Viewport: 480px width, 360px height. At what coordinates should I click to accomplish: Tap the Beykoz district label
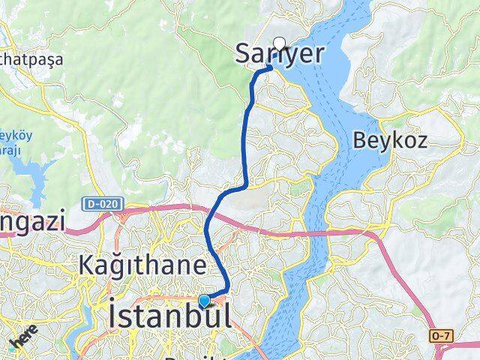[x=389, y=139]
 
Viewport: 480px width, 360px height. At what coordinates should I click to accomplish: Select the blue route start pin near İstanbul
[x=204, y=301]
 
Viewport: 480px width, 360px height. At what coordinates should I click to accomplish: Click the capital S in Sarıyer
[x=243, y=52]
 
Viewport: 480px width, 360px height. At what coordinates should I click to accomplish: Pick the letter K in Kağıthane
[x=87, y=265]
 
